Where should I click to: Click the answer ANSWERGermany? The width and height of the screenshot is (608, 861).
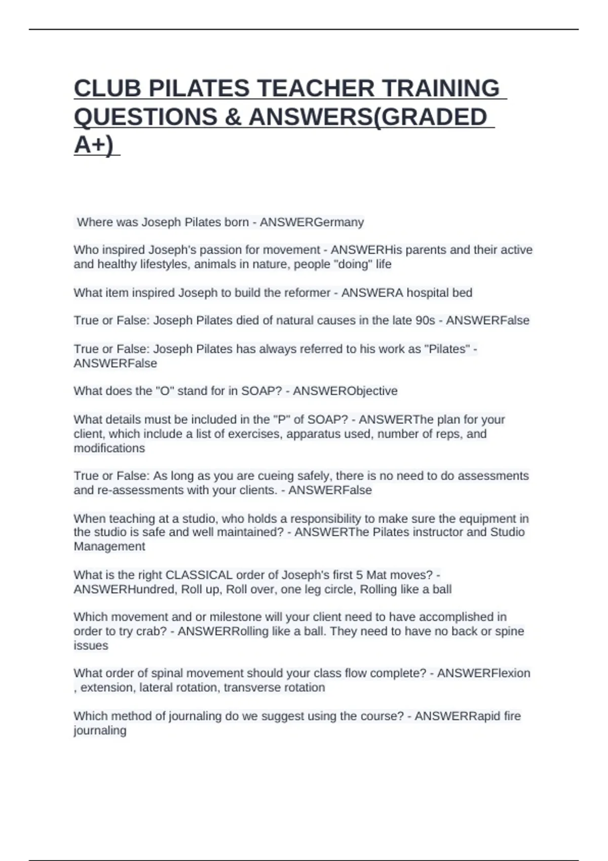pos(312,222)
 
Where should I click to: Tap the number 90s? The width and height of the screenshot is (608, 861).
pos(425,321)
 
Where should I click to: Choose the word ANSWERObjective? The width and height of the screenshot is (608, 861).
pos(345,391)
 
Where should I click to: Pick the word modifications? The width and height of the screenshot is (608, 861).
pos(109,448)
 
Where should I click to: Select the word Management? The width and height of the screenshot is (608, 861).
pos(109,546)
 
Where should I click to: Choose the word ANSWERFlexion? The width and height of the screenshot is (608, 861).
pos(483,673)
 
